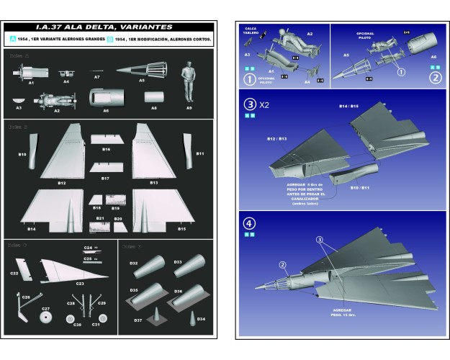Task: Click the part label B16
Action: tap(105, 149)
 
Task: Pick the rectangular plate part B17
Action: tap(105, 168)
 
